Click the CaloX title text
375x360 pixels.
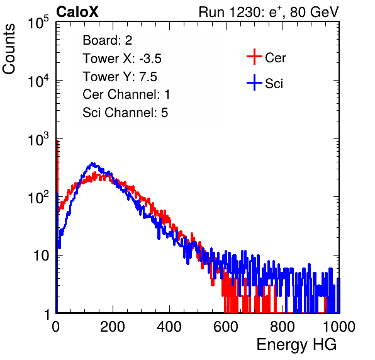click(77, 12)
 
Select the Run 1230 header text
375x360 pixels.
click(269, 12)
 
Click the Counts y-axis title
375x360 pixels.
click(9, 48)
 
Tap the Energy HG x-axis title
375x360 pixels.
click(296, 345)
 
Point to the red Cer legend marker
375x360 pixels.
click(254, 57)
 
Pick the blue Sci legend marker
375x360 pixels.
click(254, 82)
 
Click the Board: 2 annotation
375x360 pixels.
click(108, 40)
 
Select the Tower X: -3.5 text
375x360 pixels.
click(122, 59)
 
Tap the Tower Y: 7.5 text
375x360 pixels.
click(120, 77)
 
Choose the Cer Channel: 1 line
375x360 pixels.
click(126, 94)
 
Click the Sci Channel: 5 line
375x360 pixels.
click(125, 113)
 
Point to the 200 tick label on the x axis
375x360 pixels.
click(113, 326)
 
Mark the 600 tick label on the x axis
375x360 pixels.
click(226, 326)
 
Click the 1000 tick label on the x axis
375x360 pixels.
click(339, 326)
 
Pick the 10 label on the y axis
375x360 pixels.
click(42, 256)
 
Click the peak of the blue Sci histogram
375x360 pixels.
click(92, 164)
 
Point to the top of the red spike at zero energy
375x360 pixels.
click(57, 140)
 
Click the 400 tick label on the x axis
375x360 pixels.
click(169, 326)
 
